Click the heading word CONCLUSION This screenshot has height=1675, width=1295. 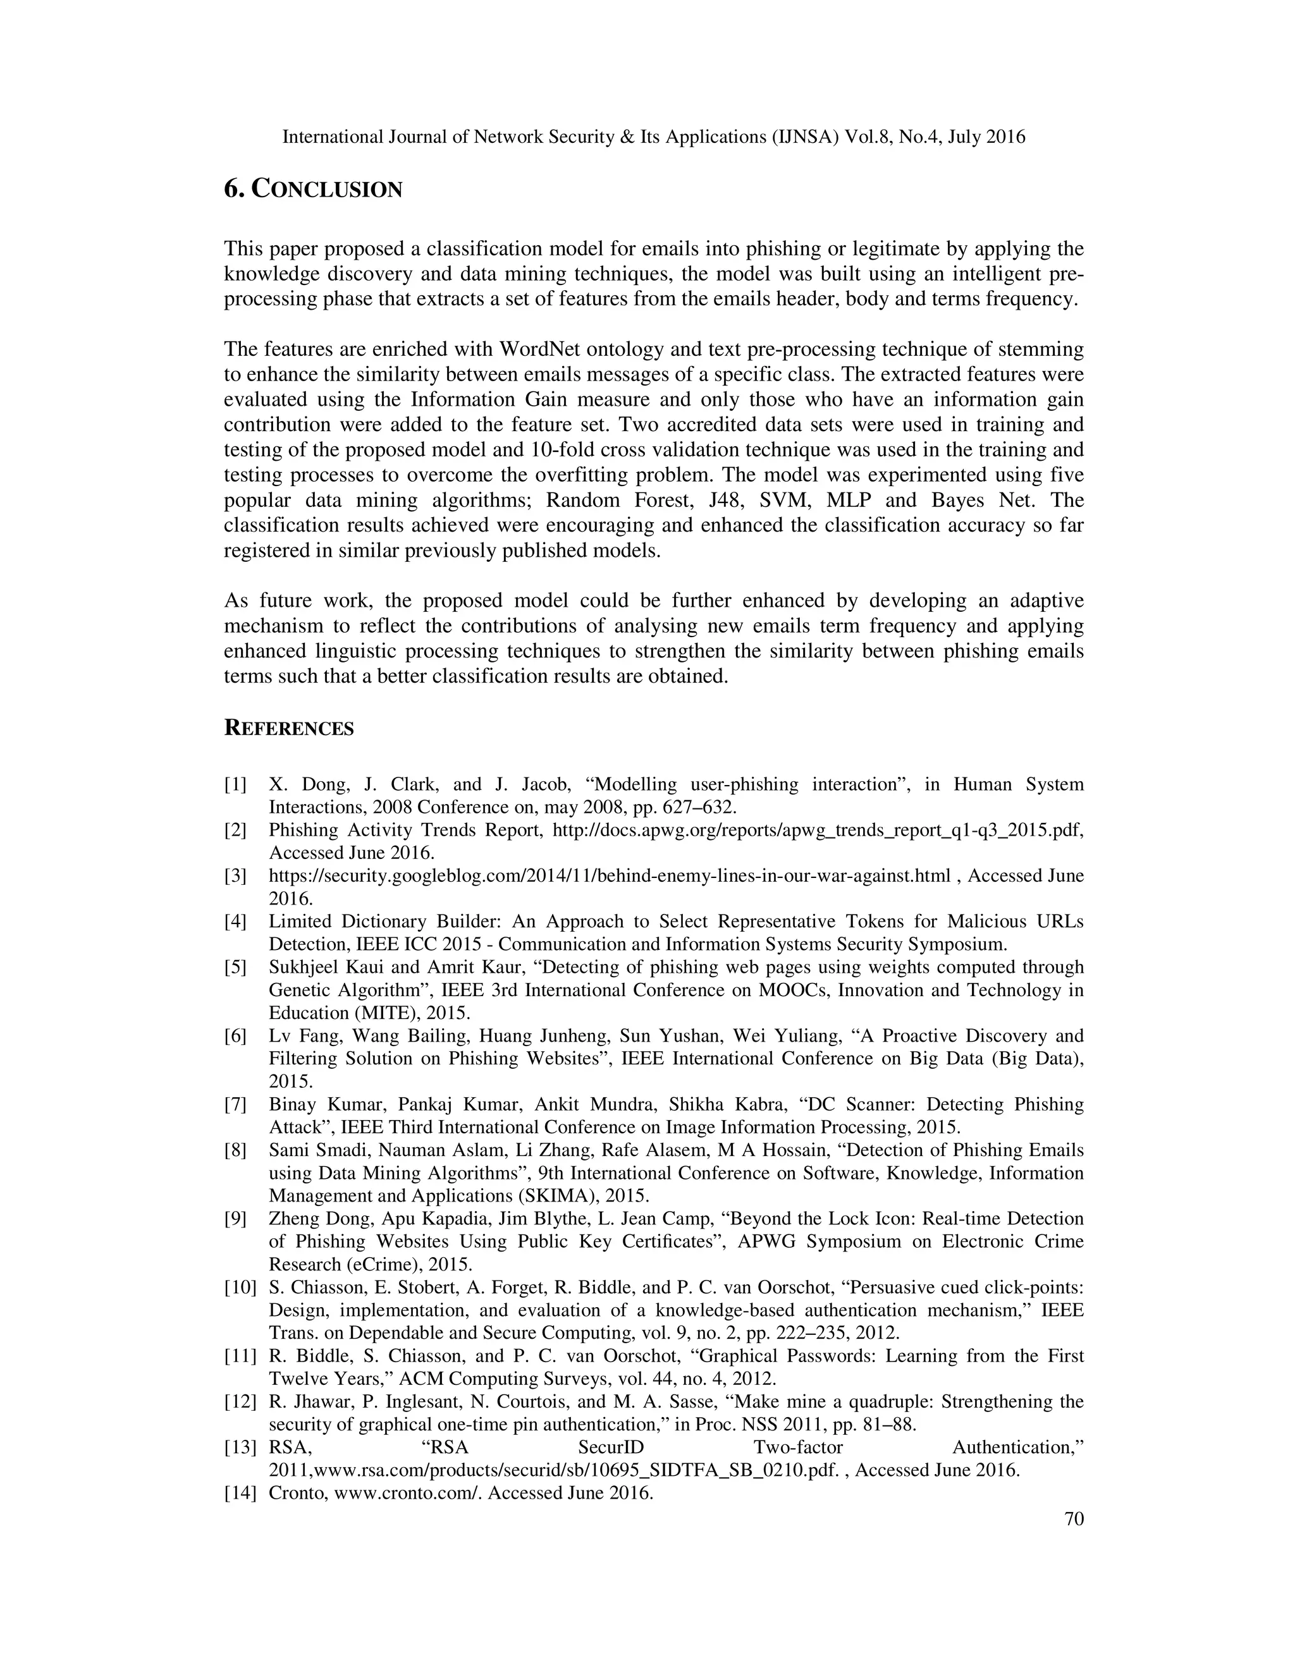pyautogui.click(x=328, y=190)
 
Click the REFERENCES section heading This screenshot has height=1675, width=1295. pyautogui.click(x=288, y=729)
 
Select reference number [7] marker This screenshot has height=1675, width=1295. pyautogui.click(x=235, y=1104)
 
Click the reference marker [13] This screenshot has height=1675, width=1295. pyautogui.click(x=240, y=1447)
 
